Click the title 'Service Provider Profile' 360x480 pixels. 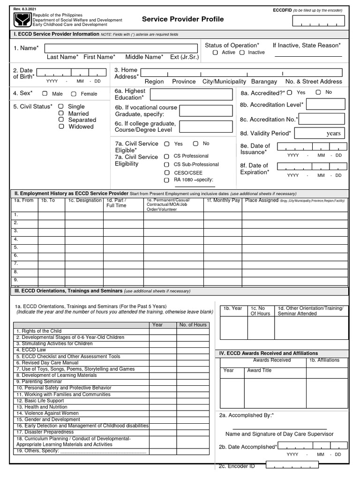point(183,19)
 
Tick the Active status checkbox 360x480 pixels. point(215,52)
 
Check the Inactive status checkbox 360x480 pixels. point(242,52)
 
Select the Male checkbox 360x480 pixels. point(45,94)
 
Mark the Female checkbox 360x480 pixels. point(74,94)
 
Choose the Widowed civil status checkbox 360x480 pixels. point(61,127)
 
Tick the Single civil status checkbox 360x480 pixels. point(61,106)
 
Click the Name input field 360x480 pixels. point(121,48)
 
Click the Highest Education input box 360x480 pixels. point(191,95)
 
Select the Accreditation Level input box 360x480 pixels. point(325,105)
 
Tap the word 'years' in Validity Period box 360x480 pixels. point(333,134)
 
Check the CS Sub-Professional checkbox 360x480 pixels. point(166,165)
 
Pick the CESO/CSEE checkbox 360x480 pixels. point(166,172)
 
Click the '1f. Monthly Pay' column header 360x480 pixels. point(223,201)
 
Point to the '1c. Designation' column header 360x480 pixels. point(84,201)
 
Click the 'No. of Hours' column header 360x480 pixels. point(193,325)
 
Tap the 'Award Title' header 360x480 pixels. point(259,370)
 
